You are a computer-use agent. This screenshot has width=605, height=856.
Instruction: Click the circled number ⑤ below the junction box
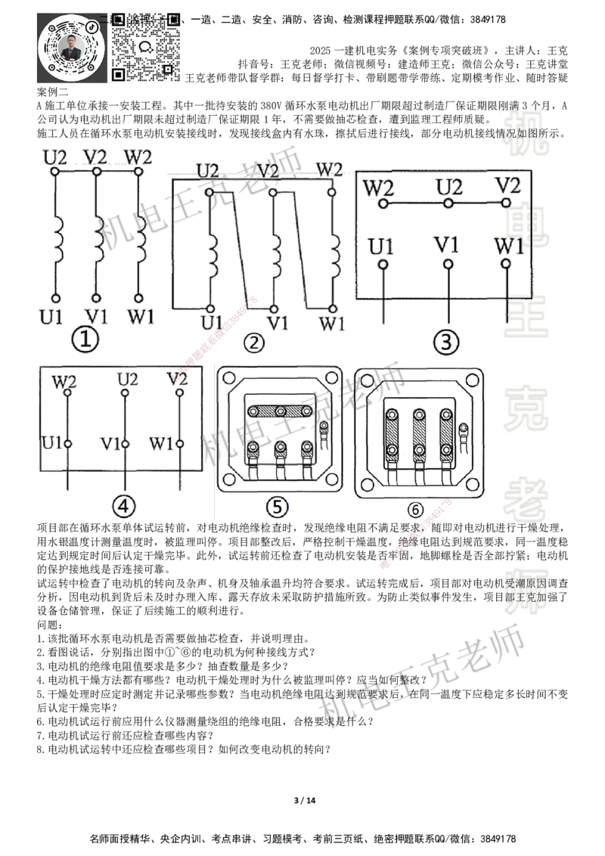[278, 507]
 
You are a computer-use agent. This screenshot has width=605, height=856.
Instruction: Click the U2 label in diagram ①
[54, 157]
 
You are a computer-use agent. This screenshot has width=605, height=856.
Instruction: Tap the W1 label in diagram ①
[141, 315]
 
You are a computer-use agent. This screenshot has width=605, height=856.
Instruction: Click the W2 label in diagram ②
[329, 169]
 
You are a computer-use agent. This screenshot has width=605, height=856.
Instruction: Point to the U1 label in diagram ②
[213, 323]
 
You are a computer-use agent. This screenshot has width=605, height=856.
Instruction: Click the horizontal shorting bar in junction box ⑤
[281, 410]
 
